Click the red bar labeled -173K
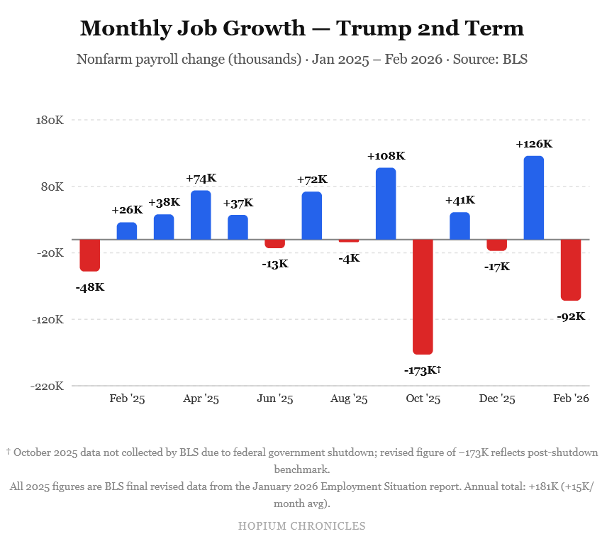click(x=423, y=296)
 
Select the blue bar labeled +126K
click(x=533, y=198)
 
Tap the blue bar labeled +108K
click(x=386, y=204)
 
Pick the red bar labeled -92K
click(x=570, y=269)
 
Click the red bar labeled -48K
click(x=90, y=255)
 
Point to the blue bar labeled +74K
click(x=201, y=215)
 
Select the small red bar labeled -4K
click(x=349, y=241)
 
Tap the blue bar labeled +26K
click(x=127, y=231)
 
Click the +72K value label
click(x=312, y=179)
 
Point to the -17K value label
click(x=496, y=267)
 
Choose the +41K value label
click(x=460, y=201)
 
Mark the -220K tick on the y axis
click(x=48, y=386)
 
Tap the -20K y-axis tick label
click(x=50, y=253)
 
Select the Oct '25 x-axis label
click(x=423, y=399)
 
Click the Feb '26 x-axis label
click(x=571, y=399)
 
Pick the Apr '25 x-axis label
click(x=201, y=399)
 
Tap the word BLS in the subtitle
click(x=515, y=59)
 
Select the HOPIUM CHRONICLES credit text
click(x=301, y=525)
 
